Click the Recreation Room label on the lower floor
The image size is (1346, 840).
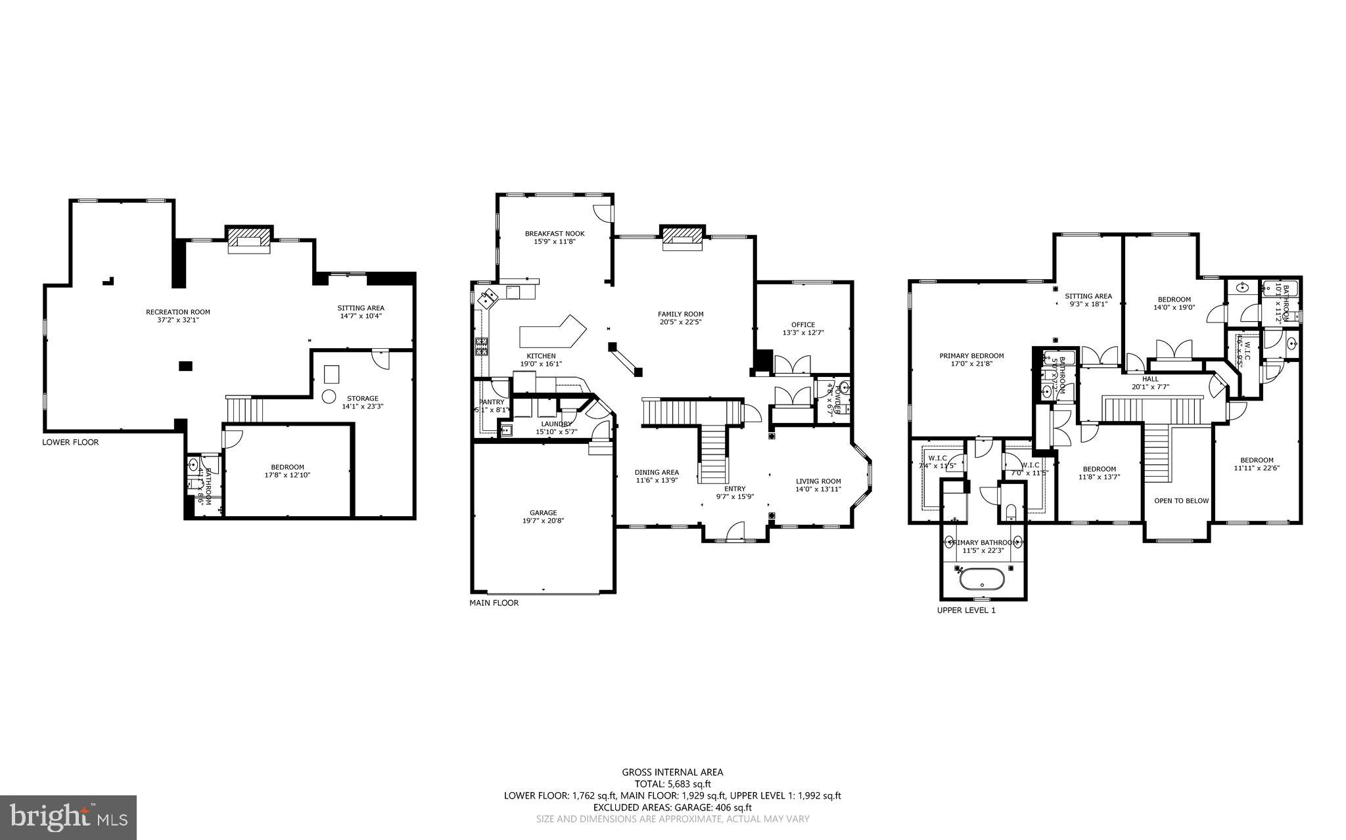pyautogui.click(x=178, y=312)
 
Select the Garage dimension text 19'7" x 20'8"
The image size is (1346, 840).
pyautogui.click(x=543, y=521)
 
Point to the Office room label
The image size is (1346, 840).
pyautogui.click(x=803, y=324)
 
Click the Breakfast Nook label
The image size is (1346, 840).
pyautogui.click(x=554, y=233)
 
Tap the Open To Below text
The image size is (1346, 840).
pyautogui.click(x=1181, y=500)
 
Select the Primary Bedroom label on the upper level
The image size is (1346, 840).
pyautogui.click(x=971, y=355)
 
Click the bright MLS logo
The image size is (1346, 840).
pyautogui.click(x=68, y=817)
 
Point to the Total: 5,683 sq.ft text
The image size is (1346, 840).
pyautogui.click(x=672, y=784)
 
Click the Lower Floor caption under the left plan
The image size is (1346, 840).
pyautogui.click(x=70, y=442)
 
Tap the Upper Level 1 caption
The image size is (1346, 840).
pyautogui.click(x=966, y=610)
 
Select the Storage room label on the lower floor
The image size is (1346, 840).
pyautogui.click(x=363, y=398)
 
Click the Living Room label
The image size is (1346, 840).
pyautogui.click(x=818, y=481)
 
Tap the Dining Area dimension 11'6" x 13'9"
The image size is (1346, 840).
pyautogui.click(x=657, y=480)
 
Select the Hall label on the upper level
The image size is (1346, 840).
pyautogui.click(x=1150, y=379)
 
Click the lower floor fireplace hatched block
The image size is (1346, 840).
pyautogui.click(x=248, y=234)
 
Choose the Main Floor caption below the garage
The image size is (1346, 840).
pyautogui.click(x=494, y=603)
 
